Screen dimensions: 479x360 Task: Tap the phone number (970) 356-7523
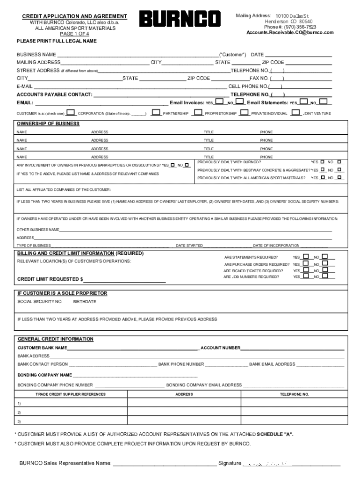click(296, 27)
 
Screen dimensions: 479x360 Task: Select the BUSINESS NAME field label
click(36, 55)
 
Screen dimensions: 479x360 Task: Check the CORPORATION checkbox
click(71, 112)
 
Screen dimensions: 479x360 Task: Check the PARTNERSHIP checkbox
click(156, 112)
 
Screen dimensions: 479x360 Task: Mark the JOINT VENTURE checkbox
click(295, 112)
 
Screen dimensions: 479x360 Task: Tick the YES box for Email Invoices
click(219, 102)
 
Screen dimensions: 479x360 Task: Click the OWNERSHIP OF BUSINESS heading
click(48, 124)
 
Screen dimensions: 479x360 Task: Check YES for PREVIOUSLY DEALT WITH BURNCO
click(322, 162)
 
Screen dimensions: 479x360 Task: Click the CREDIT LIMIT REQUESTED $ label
click(50, 279)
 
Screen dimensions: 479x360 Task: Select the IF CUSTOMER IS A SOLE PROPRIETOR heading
click(62, 293)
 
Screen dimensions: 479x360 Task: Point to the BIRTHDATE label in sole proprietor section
click(85, 302)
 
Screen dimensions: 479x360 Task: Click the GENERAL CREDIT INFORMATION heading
click(55, 339)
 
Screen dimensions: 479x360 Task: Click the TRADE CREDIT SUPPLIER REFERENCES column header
click(71, 394)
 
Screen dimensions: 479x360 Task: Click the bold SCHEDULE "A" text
click(275, 434)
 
